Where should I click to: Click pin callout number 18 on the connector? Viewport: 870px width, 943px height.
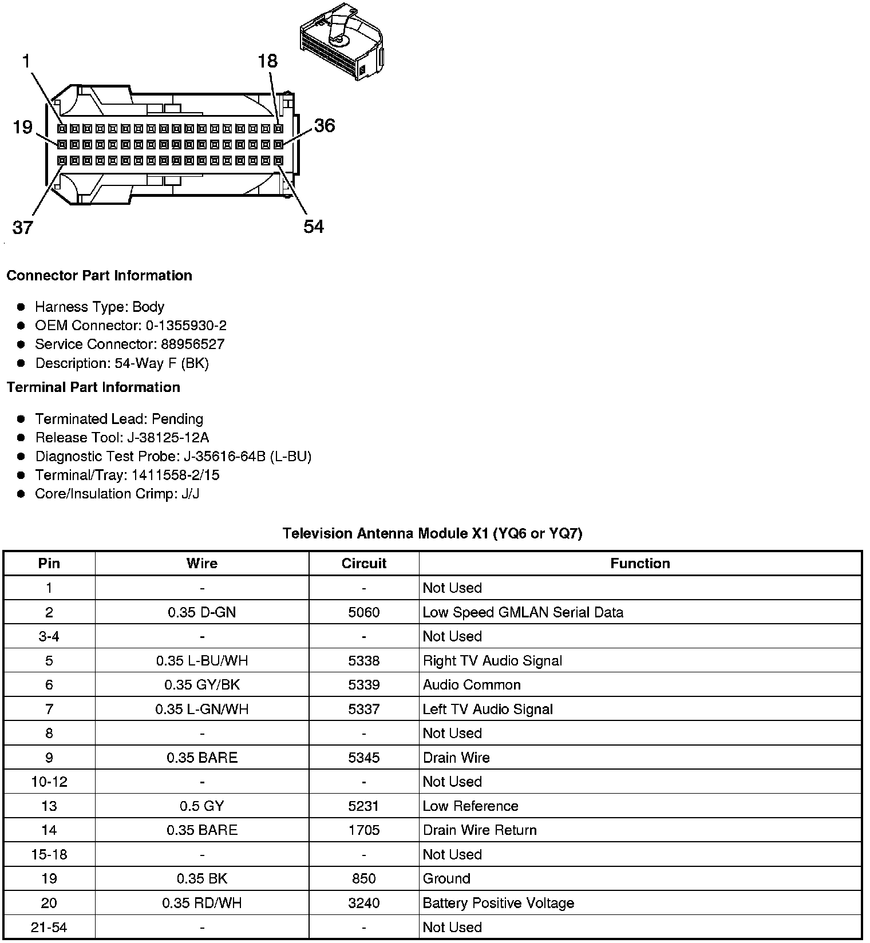[267, 61]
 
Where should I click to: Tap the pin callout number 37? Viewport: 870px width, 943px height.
[22, 228]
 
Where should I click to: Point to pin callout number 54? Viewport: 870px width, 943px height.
[314, 227]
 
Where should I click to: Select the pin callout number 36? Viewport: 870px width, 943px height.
[324, 125]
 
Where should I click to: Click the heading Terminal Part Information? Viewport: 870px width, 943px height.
[93, 387]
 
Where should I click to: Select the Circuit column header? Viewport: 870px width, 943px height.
[364, 564]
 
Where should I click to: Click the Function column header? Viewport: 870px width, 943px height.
[640, 564]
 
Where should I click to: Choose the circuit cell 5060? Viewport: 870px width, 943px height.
[364, 612]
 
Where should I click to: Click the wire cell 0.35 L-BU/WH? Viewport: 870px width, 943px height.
[202, 661]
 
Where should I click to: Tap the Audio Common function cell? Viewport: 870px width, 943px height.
[472, 685]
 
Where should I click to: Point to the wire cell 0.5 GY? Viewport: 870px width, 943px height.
[202, 806]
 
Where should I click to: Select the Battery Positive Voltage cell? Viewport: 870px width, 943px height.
[498, 903]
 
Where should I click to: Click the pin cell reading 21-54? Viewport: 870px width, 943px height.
[49, 927]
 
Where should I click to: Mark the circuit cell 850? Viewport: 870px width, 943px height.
[364, 879]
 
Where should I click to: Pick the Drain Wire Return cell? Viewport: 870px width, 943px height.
[480, 830]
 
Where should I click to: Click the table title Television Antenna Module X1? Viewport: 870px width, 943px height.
[433, 534]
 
